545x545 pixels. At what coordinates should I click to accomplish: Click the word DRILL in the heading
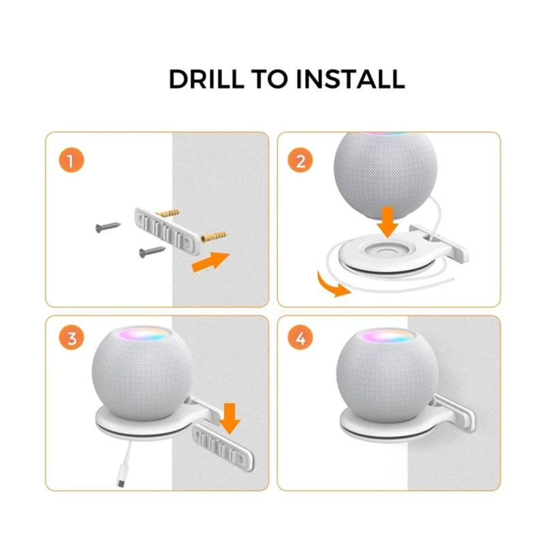(206, 79)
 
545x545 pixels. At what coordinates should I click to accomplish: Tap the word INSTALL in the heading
(350, 79)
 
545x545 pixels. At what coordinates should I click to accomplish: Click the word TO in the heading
(270, 79)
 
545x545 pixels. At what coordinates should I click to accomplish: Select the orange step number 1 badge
(72, 161)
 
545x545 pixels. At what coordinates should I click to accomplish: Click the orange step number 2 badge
(300, 161)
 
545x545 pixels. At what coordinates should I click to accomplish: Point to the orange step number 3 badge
(72, 337)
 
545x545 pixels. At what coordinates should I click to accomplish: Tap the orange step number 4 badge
(300, 337)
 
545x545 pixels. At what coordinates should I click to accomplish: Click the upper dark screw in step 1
(108, 228)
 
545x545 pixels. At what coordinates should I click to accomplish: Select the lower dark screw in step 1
(152, 252)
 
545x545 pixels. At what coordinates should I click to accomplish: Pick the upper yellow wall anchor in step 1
(168, 213)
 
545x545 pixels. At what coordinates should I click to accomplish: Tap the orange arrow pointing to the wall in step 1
(211, 262)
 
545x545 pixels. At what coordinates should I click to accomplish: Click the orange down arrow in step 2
(388, 223)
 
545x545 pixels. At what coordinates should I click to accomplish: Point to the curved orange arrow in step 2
(331, 286)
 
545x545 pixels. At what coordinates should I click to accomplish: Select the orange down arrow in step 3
(230, 418)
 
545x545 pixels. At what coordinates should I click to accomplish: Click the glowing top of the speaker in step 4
(387, 336)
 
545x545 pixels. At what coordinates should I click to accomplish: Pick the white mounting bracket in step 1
(168, 231)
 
